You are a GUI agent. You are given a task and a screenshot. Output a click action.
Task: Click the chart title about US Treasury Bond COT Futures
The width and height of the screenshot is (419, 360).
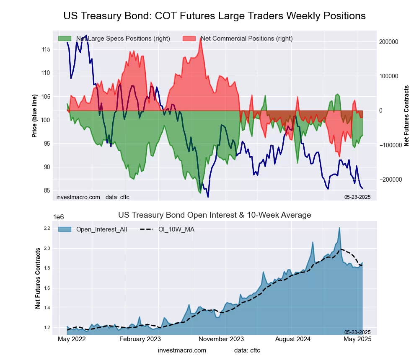click(x=215, y=16)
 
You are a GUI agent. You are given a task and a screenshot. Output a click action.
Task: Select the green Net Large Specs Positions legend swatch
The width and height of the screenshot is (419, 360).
click(x=65, y=39)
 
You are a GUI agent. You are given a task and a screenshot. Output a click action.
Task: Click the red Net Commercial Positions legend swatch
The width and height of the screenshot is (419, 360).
click(x=189, y=39)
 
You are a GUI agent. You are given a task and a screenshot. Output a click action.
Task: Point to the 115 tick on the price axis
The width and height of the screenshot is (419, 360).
click(x=46, y=49)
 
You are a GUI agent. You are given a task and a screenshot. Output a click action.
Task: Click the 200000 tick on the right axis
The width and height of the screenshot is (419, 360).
click(x=388, y=42)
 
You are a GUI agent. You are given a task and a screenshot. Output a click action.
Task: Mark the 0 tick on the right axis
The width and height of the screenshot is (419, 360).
click(x=381, y=111)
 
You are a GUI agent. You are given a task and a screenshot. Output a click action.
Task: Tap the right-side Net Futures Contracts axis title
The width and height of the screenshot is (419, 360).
click(x=406, y=116)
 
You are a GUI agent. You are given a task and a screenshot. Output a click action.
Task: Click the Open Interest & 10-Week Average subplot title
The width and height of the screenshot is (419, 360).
click(x=215, y=215)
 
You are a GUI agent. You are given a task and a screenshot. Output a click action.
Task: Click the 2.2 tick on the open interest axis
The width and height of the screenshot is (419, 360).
click(x=47, y=229)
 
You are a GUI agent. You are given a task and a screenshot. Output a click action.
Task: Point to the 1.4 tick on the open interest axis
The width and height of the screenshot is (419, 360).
click(x=47, y=308)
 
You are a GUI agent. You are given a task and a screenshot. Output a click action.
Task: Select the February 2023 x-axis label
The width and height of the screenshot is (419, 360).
click(x=140, y=339)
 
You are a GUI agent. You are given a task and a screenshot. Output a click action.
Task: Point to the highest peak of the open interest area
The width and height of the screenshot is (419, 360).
click(x=339, y=228)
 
